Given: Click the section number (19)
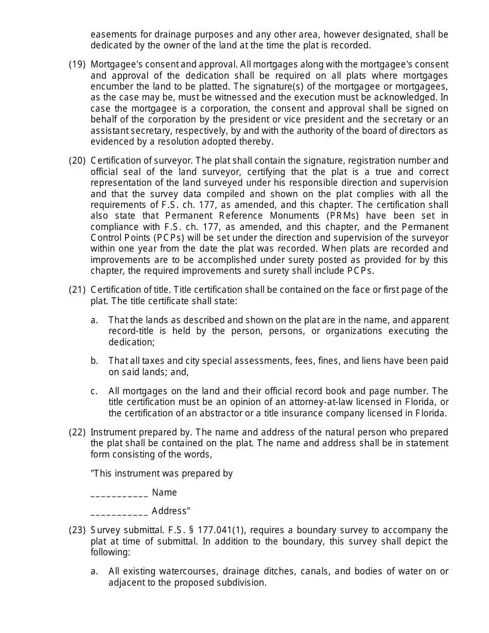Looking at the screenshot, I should [77, 64].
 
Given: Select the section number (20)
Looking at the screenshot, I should [77, 161].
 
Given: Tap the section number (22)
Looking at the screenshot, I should [77, 432].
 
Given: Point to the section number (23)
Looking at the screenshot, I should [77, 530].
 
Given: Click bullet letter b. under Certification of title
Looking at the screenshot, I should [94, 361].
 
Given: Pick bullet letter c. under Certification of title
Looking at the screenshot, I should [94, 391].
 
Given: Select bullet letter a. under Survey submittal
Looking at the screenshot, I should [94, 571].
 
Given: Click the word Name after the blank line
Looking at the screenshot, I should [165, 493].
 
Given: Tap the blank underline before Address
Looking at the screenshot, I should [119, 512].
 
